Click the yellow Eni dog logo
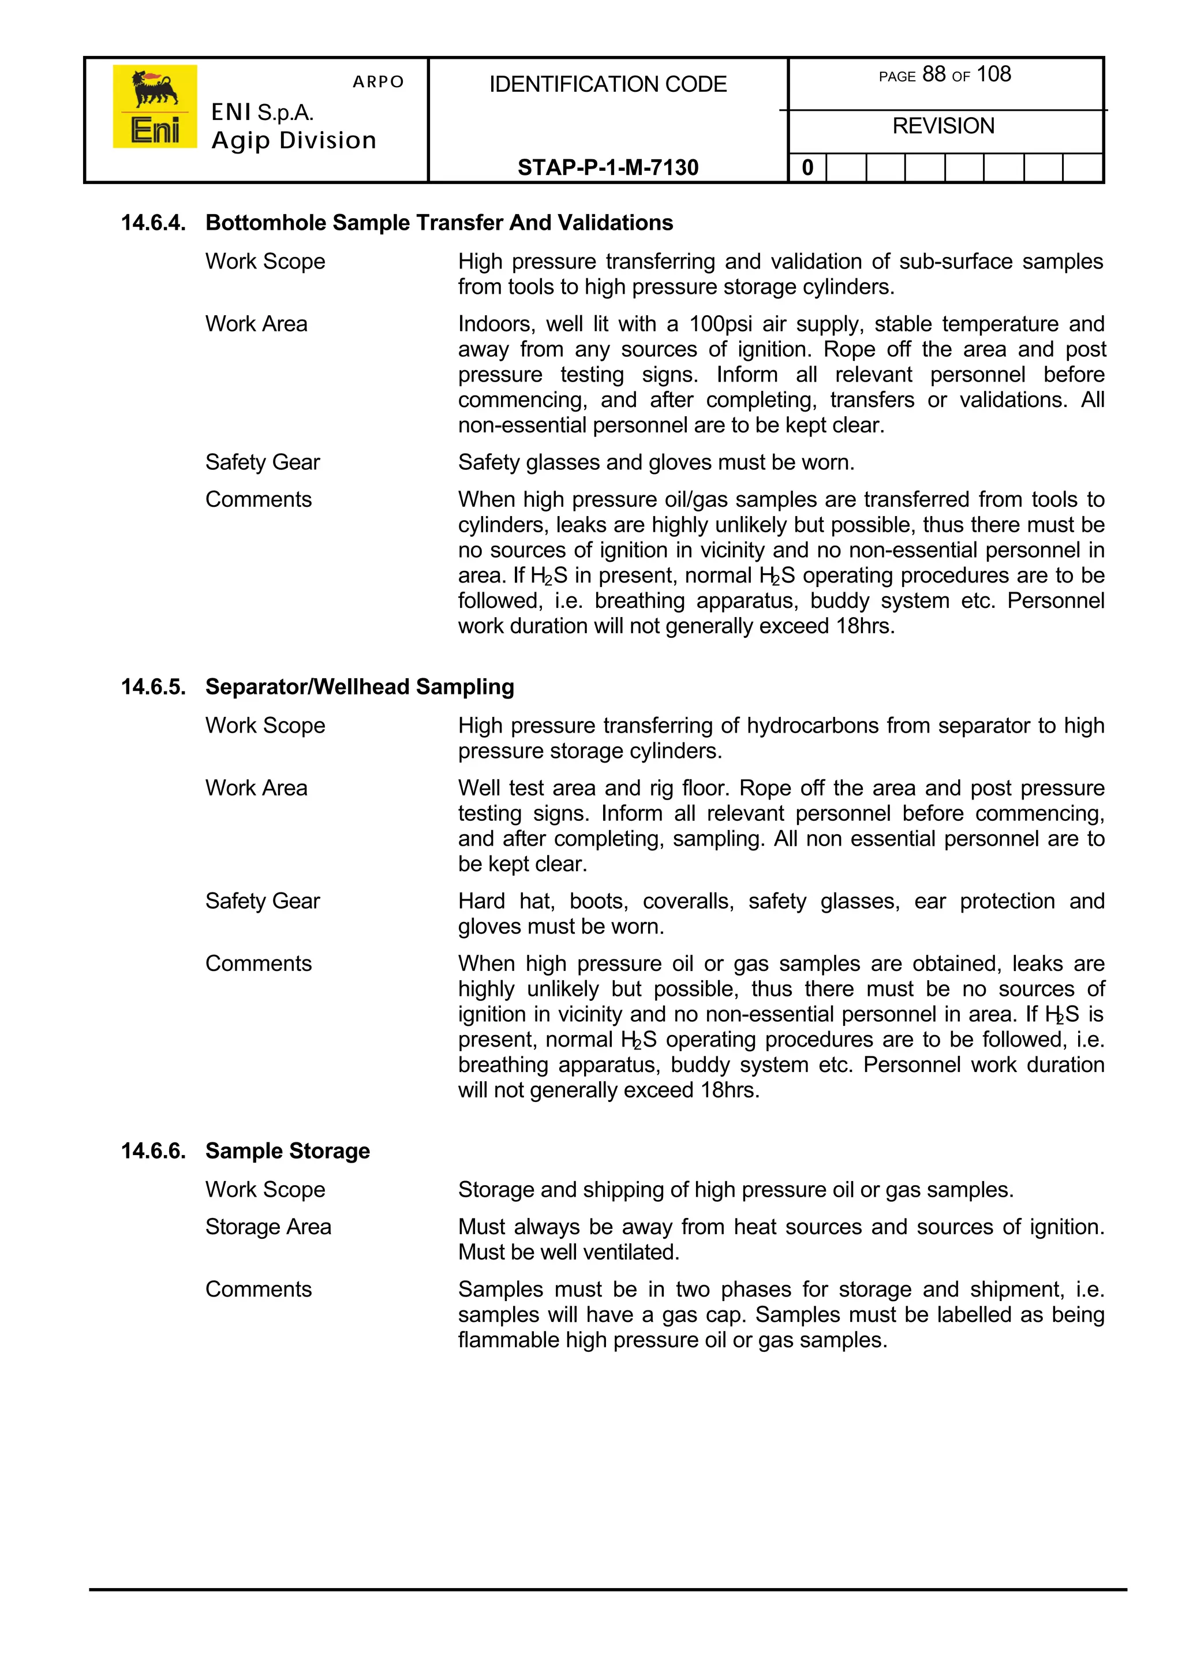tap(154, 106)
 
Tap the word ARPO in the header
tap(378, 81)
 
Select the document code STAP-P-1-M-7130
tap(608, 167)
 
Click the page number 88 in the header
tap(933, 74)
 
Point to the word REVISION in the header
tap(943, 126)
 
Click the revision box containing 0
tap(807, 168)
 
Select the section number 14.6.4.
tap(153, 223)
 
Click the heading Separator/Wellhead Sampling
tap(360, 686)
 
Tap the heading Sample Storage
tap(287, 1150)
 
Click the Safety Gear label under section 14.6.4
tap(262, 462)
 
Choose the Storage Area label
tap(268, 1227)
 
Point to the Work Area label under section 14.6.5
tap(256, 788)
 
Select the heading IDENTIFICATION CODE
tap(608, 84)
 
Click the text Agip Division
tap(293, 140)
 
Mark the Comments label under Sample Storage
tap(259, 1289)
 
